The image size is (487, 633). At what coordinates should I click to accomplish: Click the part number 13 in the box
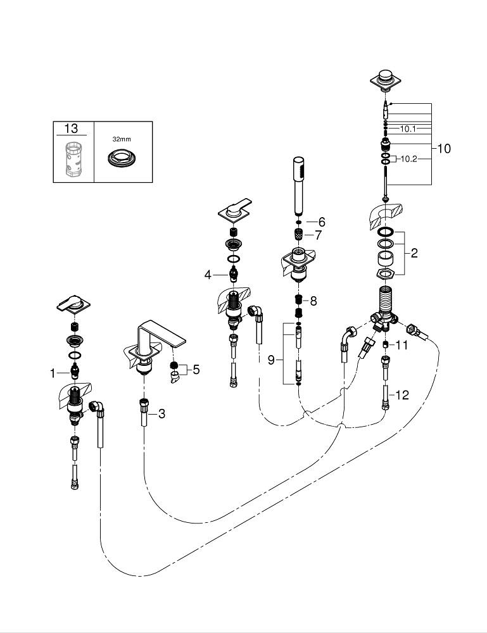71,128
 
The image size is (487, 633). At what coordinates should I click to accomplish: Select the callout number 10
443,149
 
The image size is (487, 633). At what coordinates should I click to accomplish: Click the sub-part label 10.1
408,128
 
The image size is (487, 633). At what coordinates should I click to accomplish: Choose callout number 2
414,253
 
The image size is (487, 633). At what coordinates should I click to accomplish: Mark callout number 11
403,345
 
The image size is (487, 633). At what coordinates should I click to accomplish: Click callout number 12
402,395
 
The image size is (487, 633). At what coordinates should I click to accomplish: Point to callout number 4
207,274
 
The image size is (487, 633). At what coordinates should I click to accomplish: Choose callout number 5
196,369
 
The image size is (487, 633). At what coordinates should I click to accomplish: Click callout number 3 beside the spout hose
162,414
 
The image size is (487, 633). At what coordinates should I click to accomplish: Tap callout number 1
53,373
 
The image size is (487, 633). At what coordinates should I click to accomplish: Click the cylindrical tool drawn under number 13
72,160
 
